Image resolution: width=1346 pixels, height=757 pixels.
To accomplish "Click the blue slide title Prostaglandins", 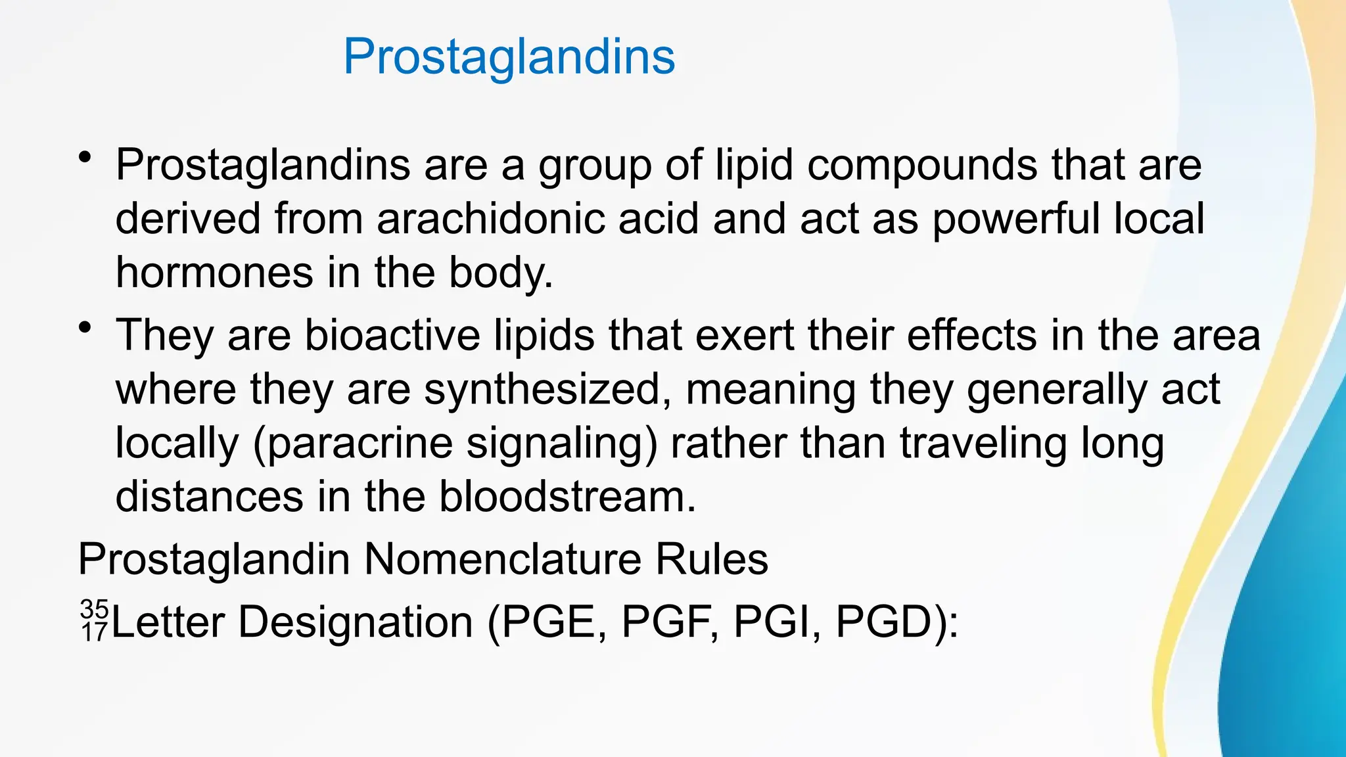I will pos(509,57).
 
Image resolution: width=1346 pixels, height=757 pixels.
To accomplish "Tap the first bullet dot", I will pos(84,158).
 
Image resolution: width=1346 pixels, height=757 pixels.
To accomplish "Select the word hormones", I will pos(214,273).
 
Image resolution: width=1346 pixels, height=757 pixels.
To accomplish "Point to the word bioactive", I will pos(392,335).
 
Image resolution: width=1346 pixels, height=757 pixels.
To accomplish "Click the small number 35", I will pos(94,609).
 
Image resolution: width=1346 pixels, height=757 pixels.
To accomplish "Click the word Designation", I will pos(355,622).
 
